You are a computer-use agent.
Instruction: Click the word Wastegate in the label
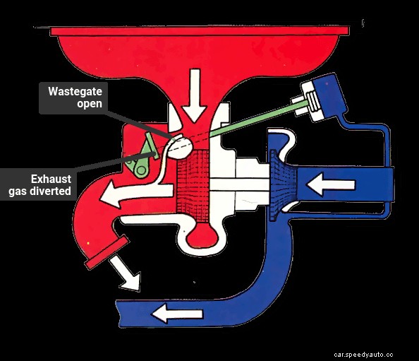[75, 92]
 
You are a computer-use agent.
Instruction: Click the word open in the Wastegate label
[90, 104]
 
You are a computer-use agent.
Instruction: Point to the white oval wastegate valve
[181, 146]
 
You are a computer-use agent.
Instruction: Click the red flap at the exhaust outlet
[105, 253]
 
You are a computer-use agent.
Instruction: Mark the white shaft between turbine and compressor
[240, 185]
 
